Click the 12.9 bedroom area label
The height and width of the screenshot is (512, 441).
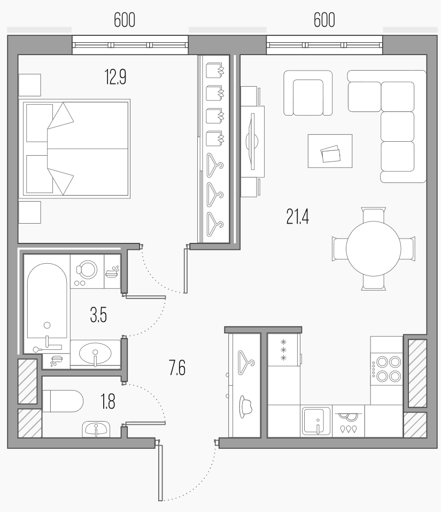point(115,77)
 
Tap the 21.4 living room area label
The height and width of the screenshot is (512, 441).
point(298,217)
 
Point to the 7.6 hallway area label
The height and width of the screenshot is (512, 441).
point(177,368)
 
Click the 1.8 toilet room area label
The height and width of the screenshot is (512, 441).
point(108,402)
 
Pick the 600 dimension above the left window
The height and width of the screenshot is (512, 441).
point(124,20)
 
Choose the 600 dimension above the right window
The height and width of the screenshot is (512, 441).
point(324,20)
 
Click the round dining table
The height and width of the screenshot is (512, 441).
point(374,248)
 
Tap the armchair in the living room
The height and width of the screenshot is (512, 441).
point(308,93)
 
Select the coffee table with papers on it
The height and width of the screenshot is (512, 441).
point(330,151)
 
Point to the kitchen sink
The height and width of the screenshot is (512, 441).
point(316,421)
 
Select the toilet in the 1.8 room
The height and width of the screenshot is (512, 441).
point(63,401)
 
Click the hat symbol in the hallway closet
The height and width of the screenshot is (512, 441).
point(246,406)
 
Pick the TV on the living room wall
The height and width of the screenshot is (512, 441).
point(252,141)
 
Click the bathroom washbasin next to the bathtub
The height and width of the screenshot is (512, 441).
point(95,354)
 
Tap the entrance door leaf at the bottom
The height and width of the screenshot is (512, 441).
point(160,470)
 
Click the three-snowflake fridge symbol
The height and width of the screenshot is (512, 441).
point(283,350)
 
